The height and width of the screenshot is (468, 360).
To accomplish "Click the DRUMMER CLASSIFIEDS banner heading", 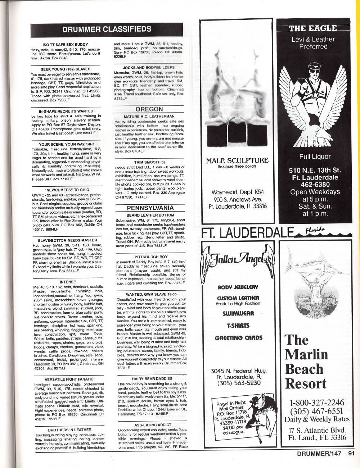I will coord(107,29).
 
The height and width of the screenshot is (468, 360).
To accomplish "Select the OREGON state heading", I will coord(149,109).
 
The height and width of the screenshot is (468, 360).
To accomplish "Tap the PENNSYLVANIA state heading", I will coord(150,208).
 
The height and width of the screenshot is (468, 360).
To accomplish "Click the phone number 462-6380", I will coord(315,185).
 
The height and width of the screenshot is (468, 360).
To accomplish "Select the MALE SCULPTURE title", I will coord(237,160).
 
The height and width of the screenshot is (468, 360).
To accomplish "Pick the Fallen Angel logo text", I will coord(237,258).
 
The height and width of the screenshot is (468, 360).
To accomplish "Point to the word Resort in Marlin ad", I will coord(306,383).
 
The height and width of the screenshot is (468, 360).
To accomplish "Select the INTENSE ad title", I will coord(68,282).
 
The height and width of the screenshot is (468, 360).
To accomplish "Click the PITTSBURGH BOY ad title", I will coord(151,257).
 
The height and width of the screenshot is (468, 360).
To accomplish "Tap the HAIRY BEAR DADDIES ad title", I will coord(152,378).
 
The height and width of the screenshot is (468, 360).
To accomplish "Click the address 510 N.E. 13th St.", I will coord(315,171).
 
